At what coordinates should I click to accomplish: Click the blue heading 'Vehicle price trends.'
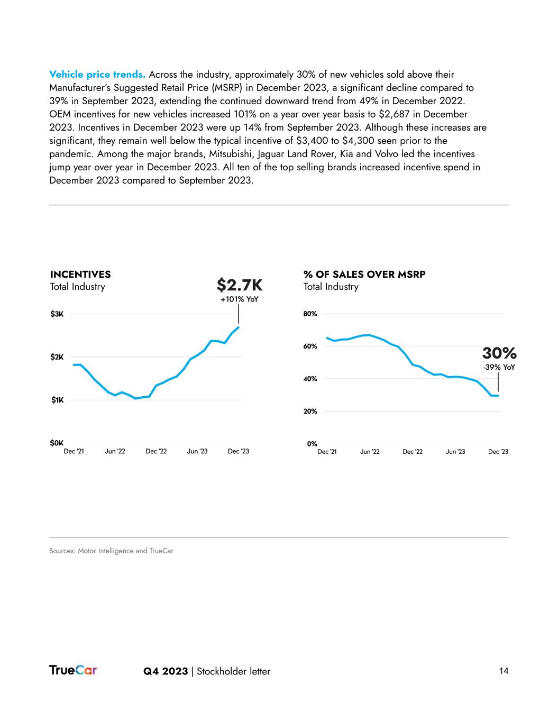click(x=97, y=75)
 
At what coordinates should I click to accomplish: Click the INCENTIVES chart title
click(x=80, y=275)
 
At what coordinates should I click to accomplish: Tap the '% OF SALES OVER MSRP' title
click(x=364, y=275)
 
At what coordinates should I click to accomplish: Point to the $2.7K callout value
click(x=240, y=286)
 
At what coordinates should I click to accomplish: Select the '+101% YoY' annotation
click(x=240, y=299)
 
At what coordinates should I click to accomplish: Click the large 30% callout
click(x=499, y=353)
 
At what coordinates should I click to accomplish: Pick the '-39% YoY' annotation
click(x=499, y=367)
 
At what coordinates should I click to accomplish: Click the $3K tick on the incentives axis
click(x=57, y=314)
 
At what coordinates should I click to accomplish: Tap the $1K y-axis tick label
click(x=57, y=400)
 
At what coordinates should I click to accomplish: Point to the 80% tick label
click(x=310, y=314)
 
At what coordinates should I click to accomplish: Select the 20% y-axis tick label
click(x=310, y=412)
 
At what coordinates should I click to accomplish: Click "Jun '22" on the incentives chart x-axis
click(x=115, y=451)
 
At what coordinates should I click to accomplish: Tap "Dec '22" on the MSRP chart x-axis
click(x=413, y=452)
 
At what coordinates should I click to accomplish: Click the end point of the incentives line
click(x=239, y=327)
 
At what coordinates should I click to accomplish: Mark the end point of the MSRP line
click(x=498, y=396)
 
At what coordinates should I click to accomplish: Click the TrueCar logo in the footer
click(x=73, y=670)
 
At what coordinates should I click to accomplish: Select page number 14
click(x=504, y=671)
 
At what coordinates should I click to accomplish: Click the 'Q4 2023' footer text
click(x=166, y=671)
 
